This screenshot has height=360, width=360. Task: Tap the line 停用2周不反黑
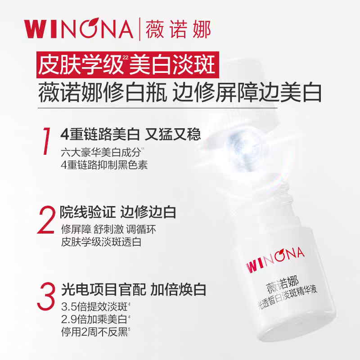[x=97, y=334]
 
